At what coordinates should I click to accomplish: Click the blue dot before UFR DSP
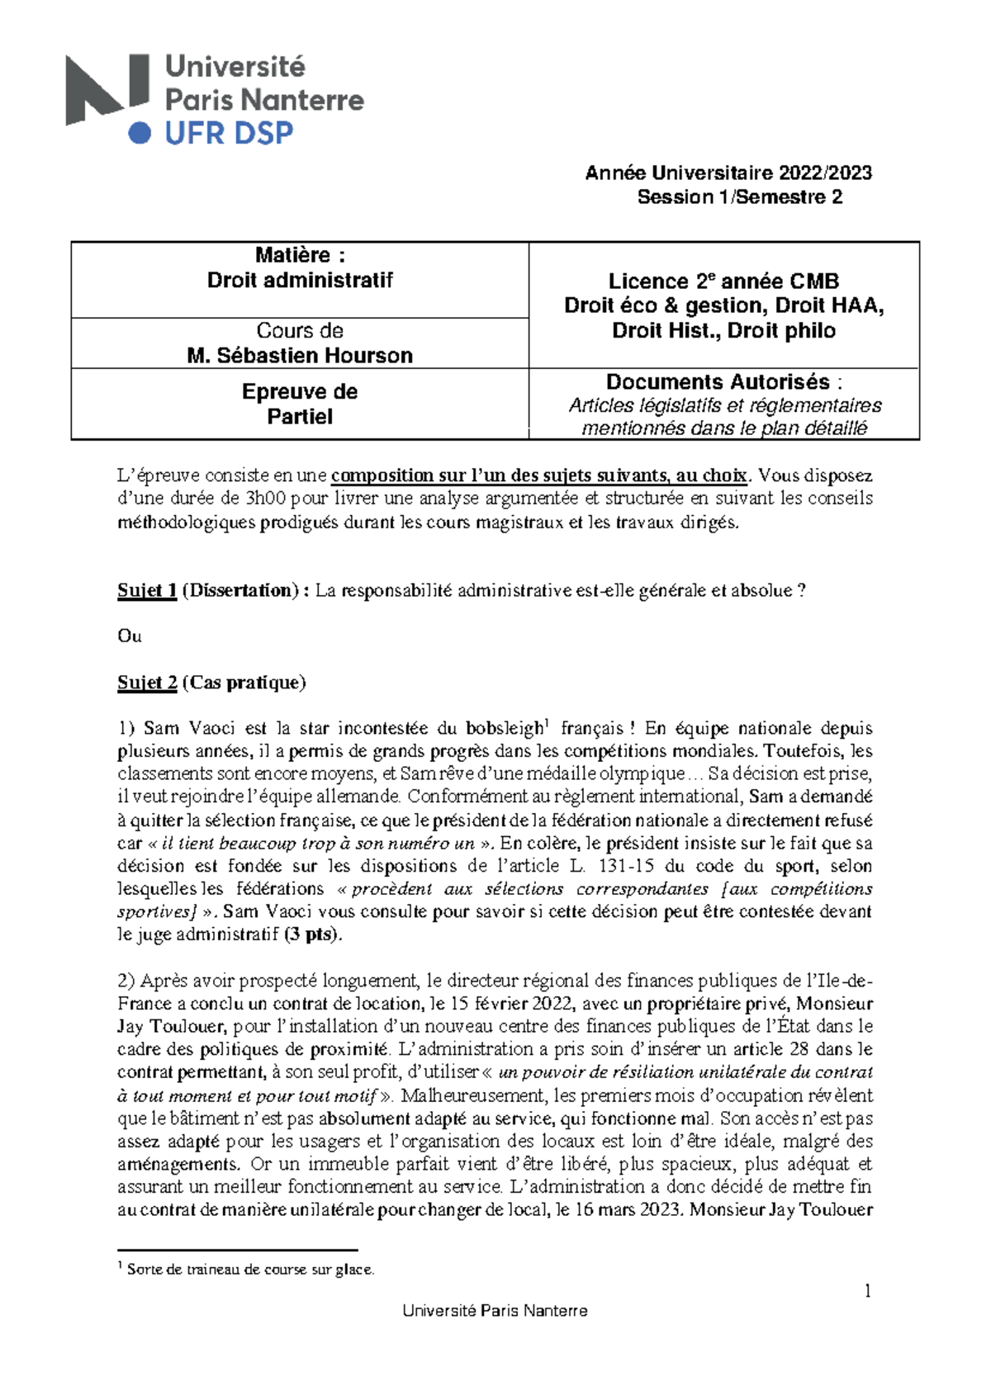(x=140, y=133)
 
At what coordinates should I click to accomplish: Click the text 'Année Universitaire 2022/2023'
(x=728, y=173)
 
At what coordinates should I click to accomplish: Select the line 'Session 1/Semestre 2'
(x=739, y=196)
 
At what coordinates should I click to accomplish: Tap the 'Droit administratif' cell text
(x=300, y=280)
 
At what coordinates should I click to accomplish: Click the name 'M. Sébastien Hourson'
(x=300, y=356)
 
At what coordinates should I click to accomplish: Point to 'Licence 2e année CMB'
(x=723, y=281)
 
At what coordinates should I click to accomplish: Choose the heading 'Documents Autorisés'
(x=718, y=382)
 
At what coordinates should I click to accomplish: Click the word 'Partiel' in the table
(x=300, y=417)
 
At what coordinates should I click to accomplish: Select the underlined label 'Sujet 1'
(x=147, y=590)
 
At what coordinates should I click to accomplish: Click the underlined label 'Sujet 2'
(x=147, y=683)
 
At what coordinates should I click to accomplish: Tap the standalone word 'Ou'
(x=129, y=636)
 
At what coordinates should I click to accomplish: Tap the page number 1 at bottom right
(x=867, y=1291)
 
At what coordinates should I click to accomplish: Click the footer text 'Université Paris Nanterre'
(x=495, y=1311)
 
